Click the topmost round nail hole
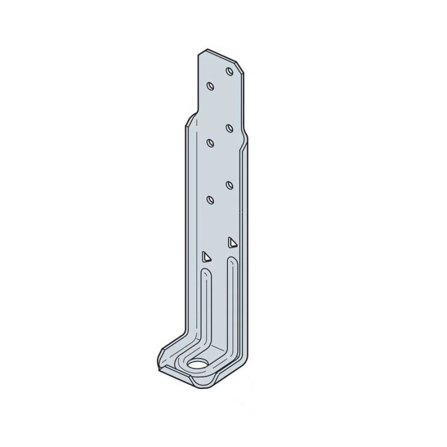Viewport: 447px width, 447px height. point(230,71)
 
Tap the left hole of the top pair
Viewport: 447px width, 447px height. point(210,86)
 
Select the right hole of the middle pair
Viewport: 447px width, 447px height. point(230,128)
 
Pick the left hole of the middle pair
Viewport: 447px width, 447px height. point(210,142)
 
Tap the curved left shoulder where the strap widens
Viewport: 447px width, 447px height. point(190,118)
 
